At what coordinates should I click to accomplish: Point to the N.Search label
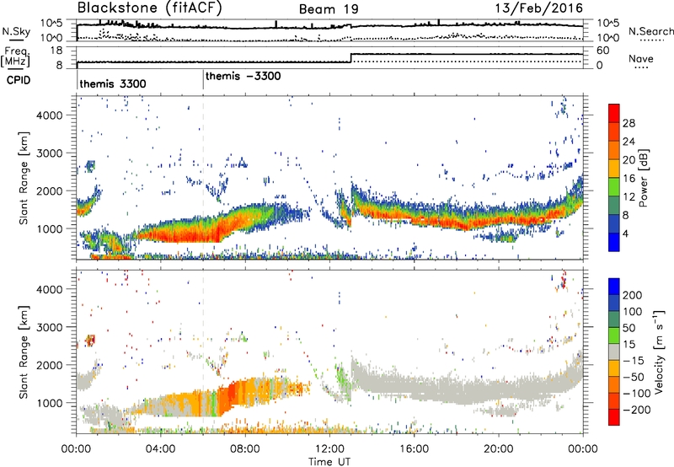pos(651,33)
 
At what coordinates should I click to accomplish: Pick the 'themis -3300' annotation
pos(243,76)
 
